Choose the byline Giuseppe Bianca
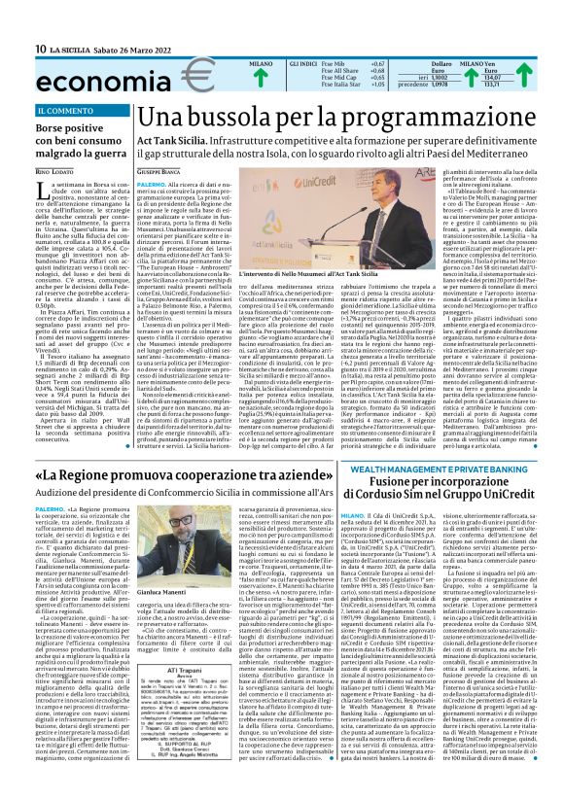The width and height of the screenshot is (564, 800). click(159, 172)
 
